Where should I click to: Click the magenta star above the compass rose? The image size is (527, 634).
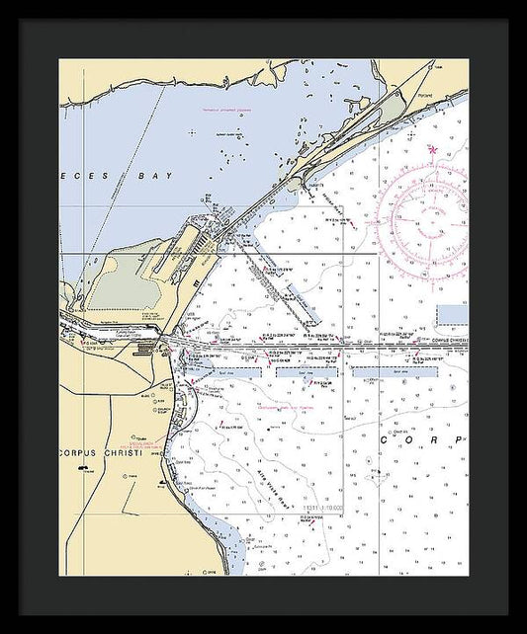[x=431, y=149]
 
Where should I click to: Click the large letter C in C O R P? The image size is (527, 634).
[x=383, y=439]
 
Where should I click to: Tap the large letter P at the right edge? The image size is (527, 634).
[x=458, y=439]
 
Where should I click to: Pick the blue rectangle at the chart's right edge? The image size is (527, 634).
[x=452, y=315]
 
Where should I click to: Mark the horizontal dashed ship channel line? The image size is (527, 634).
[x=326, y=346]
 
